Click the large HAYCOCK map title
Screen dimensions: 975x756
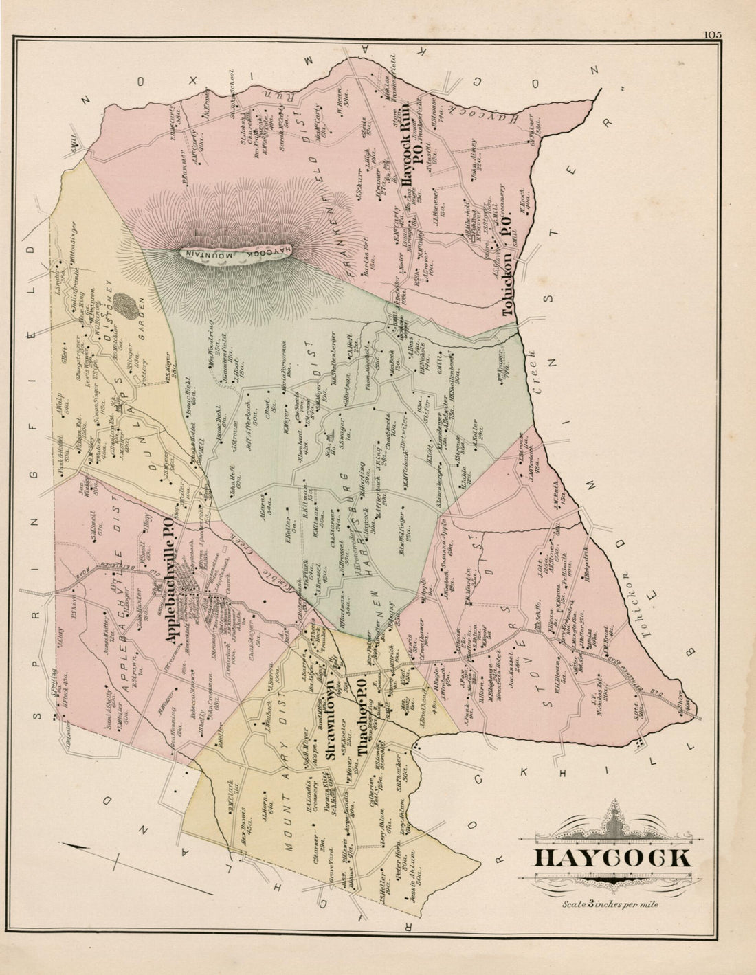[612, 859]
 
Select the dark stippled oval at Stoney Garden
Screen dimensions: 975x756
[124, 304]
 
